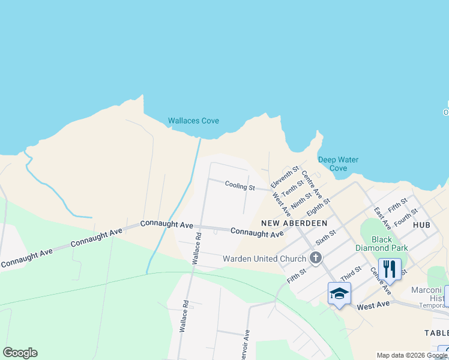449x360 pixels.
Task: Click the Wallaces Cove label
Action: point(193,121)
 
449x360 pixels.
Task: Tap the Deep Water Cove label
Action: point(338,164)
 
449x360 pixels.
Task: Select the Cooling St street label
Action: point(240,186)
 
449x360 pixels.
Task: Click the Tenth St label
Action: point(293,189)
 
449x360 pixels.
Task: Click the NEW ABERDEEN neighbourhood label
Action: point(294,223)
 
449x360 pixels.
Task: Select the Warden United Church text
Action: point(264,259)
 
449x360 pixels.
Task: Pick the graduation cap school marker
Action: point(339,293)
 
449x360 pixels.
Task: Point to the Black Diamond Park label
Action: point(390,243)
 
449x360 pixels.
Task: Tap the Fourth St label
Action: point(406,217)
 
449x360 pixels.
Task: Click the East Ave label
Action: point(382,219)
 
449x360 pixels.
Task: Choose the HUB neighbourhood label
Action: point(422,224)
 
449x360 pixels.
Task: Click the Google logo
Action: point(20,353)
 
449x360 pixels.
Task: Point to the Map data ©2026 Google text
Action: point(412,355)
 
